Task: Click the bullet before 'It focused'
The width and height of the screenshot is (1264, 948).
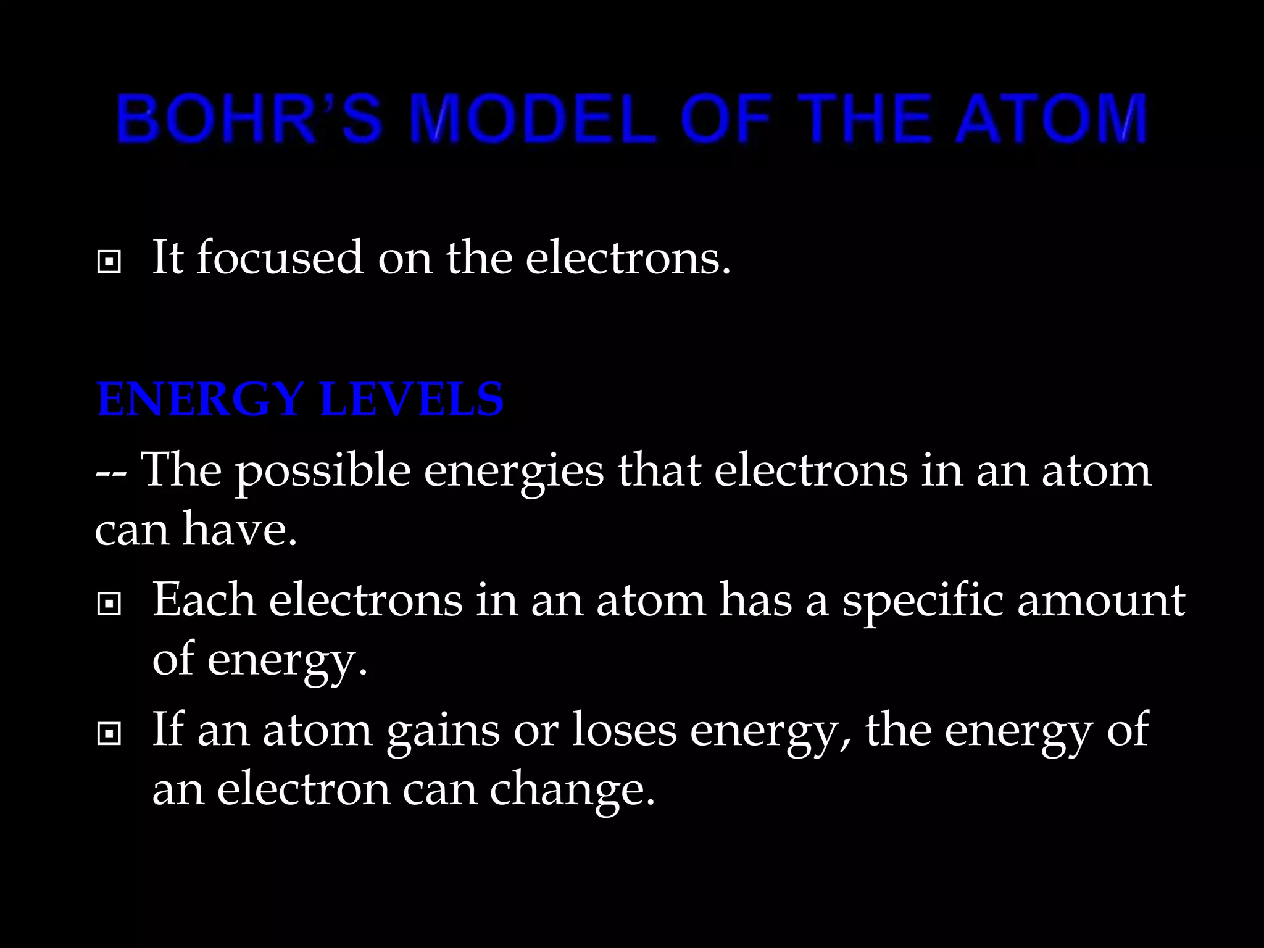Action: click(109, 262)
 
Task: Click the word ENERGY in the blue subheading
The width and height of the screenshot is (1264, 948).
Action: click(200, 399)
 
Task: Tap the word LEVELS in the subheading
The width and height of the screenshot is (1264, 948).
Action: click(412, 399)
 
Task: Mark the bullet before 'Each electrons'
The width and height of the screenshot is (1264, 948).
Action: click(109, 604)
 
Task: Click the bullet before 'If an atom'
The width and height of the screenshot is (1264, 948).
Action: click(109, 734)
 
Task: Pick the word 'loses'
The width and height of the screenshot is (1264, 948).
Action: click(624, 730)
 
